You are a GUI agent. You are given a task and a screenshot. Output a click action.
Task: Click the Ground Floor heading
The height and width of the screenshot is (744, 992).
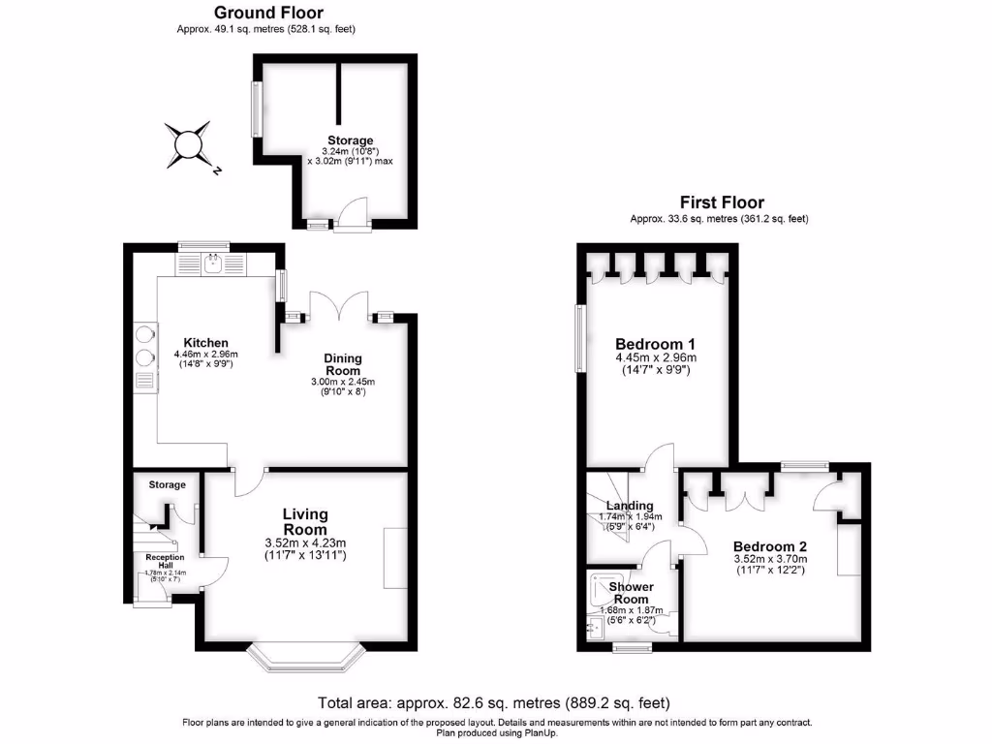click(x=268, y=13)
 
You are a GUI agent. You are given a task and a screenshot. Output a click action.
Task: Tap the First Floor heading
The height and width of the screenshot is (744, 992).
click(x=721, y=202)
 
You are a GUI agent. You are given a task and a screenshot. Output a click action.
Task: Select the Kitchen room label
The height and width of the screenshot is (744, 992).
click(x=206, y=343)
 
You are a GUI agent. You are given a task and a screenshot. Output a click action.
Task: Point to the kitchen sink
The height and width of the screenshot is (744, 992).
click(x=213, y=261)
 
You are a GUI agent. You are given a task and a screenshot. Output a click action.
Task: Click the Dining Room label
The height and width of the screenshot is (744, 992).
click(x=342, y=364)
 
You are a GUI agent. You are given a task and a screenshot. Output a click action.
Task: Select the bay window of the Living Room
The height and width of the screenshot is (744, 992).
click(x=305, y=658)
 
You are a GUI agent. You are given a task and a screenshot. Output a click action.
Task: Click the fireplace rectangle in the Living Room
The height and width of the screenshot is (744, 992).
click(x=395, y=558)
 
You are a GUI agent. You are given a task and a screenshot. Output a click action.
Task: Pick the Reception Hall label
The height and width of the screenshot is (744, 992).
click(x=165, y=562)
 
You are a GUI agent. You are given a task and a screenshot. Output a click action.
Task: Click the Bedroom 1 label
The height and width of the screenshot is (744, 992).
click(x=655, y=344)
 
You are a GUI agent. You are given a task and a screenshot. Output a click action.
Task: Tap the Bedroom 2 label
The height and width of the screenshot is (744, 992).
click(x=769, y=545)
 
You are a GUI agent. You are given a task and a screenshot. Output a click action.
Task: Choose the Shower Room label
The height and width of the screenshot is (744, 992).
click(x=631, y=593)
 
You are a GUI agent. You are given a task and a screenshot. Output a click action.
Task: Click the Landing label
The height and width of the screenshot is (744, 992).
click(x=630, y=506)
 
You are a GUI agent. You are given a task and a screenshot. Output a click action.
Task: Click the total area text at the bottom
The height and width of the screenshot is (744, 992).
click(x=494, y=702)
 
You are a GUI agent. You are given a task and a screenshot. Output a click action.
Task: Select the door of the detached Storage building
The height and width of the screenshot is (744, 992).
click(x=351, y=215)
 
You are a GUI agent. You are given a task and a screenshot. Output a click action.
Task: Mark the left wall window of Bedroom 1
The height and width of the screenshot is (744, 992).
click(x=580, y=338)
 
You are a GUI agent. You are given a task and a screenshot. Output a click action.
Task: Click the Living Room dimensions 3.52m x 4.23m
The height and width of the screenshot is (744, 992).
click(x=305, y=542)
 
